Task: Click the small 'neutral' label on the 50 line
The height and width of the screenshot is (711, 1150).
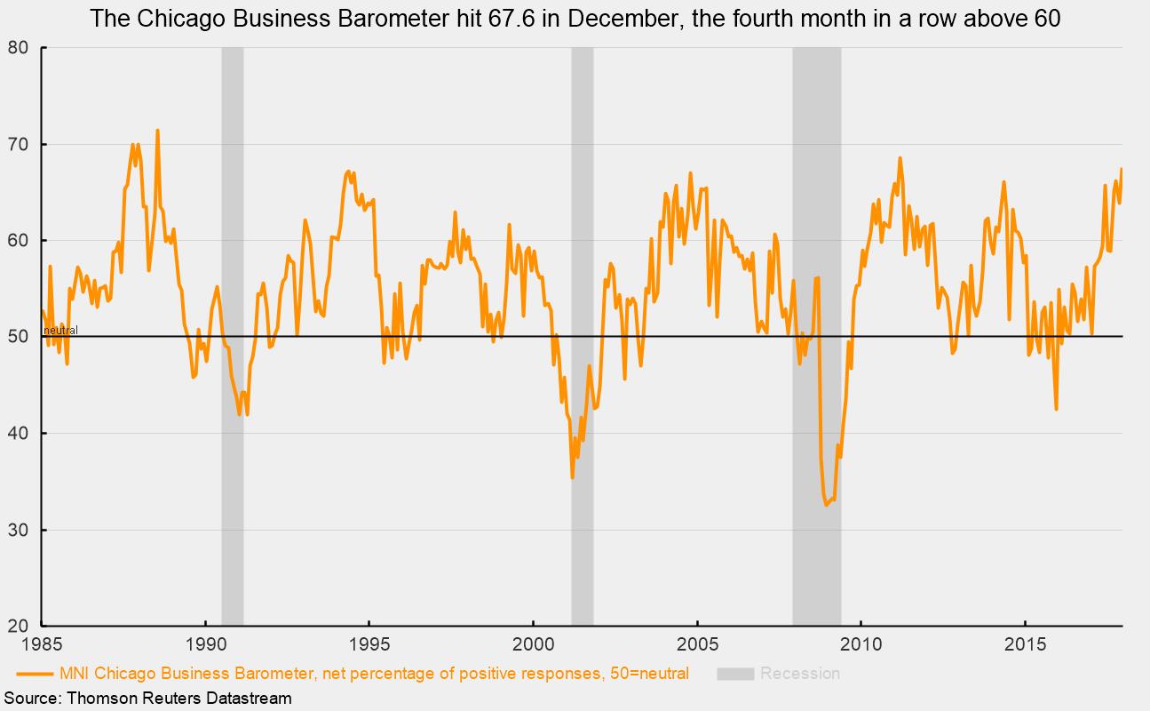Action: pyautogui.click(x=60, y=331)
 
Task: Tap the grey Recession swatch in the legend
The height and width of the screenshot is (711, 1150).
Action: pyautogui.click(x=735, y=674)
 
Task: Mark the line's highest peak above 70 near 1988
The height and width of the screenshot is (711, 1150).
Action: pyautogui.click(x=157, y=131)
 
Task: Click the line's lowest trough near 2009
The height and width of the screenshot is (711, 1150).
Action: pyautogui.click(x=826, y=506)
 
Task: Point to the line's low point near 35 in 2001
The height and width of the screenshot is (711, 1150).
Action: pyautogui.click(x=572, y=477)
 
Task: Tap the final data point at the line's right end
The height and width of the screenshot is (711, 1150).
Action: pyautogui.click(x=1122, y=168)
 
